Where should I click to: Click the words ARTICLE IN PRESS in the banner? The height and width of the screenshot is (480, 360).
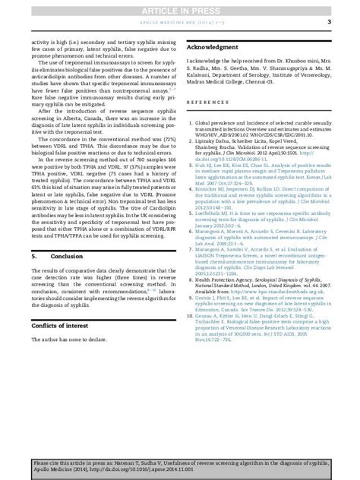pyautogui.click(x=179, y=8)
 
